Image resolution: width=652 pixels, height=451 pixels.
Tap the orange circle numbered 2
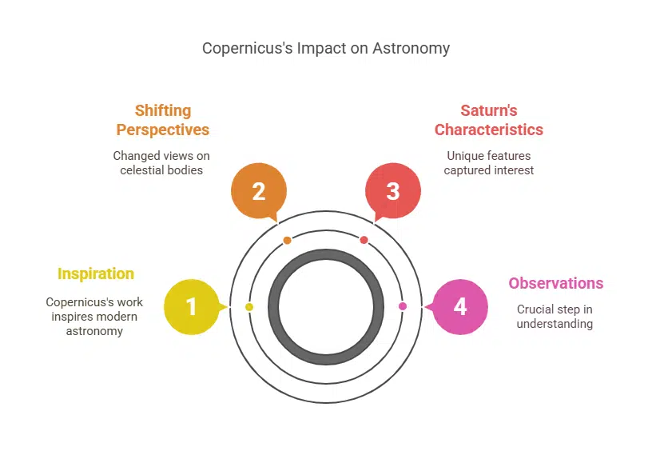[258, 192]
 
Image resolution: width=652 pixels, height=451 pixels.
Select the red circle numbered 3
[392, 192]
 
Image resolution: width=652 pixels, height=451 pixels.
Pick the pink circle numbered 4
[459, 307]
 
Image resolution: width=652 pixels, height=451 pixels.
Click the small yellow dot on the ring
[249, 307]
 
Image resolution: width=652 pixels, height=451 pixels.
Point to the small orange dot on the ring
[288, 240]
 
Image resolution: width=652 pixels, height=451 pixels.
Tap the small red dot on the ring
[364, 240]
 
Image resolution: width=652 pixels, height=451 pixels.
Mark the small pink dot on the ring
[402, 306]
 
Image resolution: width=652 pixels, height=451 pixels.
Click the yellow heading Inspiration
[96, 273]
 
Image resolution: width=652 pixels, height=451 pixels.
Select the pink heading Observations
[555, 283]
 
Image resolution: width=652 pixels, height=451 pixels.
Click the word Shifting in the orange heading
[163, 110]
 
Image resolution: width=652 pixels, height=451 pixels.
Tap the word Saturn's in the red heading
[489, 110]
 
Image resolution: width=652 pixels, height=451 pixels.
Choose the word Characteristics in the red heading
[489, 130]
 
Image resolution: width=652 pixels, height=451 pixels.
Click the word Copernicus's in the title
[247, 48]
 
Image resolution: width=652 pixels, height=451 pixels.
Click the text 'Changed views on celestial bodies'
[161, 163]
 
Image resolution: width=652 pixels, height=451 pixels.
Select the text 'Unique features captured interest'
[489, 163]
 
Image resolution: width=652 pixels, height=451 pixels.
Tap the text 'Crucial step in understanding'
[555, 317]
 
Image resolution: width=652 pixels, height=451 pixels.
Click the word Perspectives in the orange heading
[163, 130]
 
